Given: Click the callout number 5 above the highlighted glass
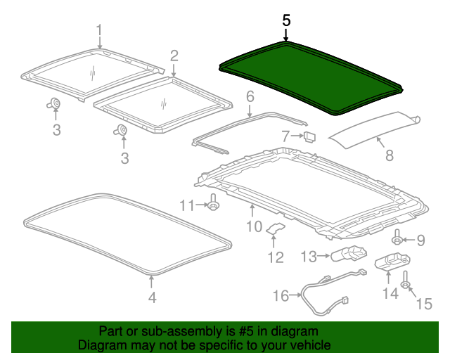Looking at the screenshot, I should pyautogui.click(x=286, y=20).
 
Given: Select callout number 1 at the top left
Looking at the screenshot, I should pyautogui.click(x=99, y=30).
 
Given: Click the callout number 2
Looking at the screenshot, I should pyautogui.click(x=174, y=55).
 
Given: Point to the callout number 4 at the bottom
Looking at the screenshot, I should pyautogui.click(x=152, y=298).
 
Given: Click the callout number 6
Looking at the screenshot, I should pyautogui.click(x=250, y=96).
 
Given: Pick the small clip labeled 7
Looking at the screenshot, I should pyautogui.click(x=309, y=135).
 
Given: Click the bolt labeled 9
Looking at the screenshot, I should pyautogui.click(x=397, y=240).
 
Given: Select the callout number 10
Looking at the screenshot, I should pyautogui.click(x=254, y=225).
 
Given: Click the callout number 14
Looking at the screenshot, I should pyautogui.click(x=389, y=292).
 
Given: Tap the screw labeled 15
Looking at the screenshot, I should pyautogui.click(x=406, y=285).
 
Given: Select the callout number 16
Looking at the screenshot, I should pyautogui.click(x=281, y=296).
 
